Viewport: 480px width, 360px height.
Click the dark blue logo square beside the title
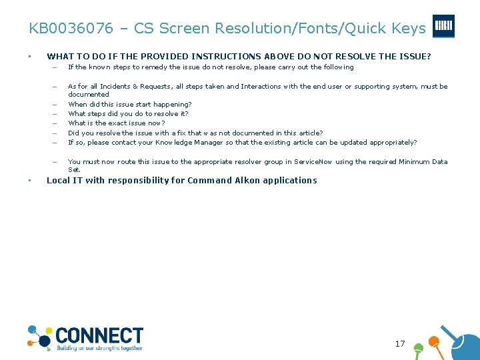pyautogui.click(x=443, y=27)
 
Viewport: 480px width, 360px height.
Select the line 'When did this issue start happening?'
pyautogui.click(x=130, y=104)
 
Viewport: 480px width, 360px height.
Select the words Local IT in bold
pyautogui.click(x=62, y=181)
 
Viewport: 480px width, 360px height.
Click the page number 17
pyautogui.click(x=400, y=344)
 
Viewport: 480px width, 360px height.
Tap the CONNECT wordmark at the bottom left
pyautogui.click(x=99, y=335)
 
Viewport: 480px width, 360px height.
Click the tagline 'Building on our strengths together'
pyautogui.click(x=99, y=348)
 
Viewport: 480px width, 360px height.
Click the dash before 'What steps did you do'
pyautogui.click(x=53, y=114)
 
